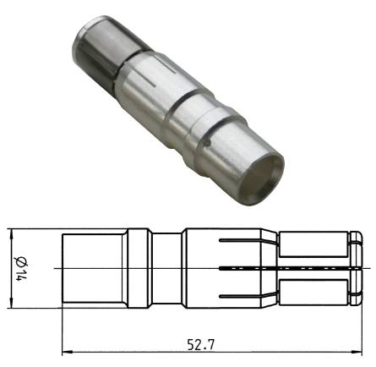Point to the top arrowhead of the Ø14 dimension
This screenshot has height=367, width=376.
pos(9,232)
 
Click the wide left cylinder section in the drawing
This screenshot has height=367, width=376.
pos(95,268)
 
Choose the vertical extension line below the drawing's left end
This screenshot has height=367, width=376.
pos(63,330)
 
